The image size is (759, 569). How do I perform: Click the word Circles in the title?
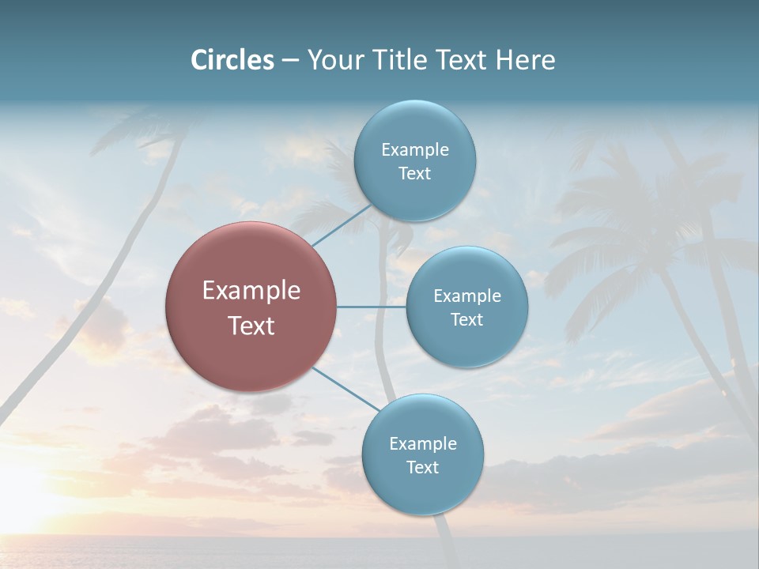(x=232, y=60)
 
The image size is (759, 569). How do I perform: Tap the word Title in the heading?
(x=403, y=60)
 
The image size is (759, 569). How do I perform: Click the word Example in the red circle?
(x=251, y=291)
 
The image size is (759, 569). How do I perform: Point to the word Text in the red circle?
(x=251, y=326)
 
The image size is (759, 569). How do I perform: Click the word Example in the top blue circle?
(x=415, y=150)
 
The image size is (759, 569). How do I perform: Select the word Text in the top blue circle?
(x=415, y=174)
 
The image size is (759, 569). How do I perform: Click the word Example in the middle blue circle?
(x=467, y=296)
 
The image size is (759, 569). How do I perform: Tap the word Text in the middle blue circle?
(x=467, y=320)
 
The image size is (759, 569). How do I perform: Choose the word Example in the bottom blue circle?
(x=423, y=444)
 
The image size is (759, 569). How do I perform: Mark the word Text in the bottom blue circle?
(x=423, y=468)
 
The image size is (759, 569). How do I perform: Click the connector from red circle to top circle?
(x=342, y=224)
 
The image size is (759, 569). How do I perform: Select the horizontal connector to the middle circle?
(x=372, y=307)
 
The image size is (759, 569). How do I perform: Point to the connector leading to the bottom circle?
(x=346, y=390)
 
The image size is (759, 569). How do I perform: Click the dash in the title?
(x=290, y=60)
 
